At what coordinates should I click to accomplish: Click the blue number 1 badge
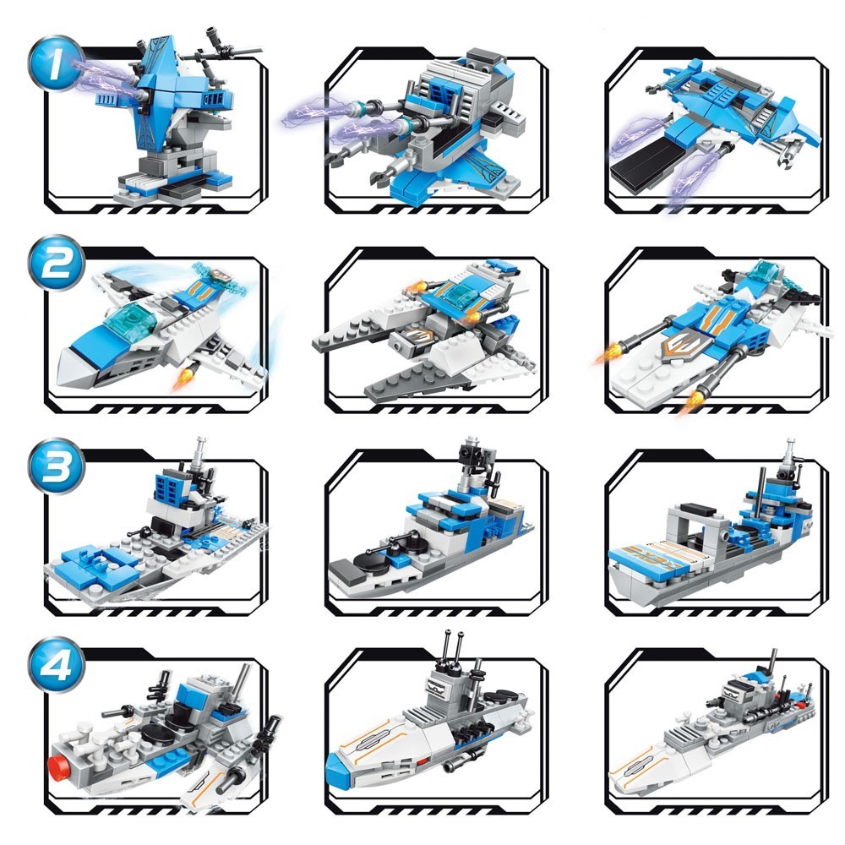(x=56, y=63)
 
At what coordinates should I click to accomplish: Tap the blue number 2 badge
(x=56, y=263)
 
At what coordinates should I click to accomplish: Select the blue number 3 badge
(x=56, y=465)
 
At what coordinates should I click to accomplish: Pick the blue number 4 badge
(x=56, y=664)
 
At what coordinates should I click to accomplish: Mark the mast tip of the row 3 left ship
(x=201, y=440)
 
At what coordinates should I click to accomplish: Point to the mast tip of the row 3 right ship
(x=790, y=442)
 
